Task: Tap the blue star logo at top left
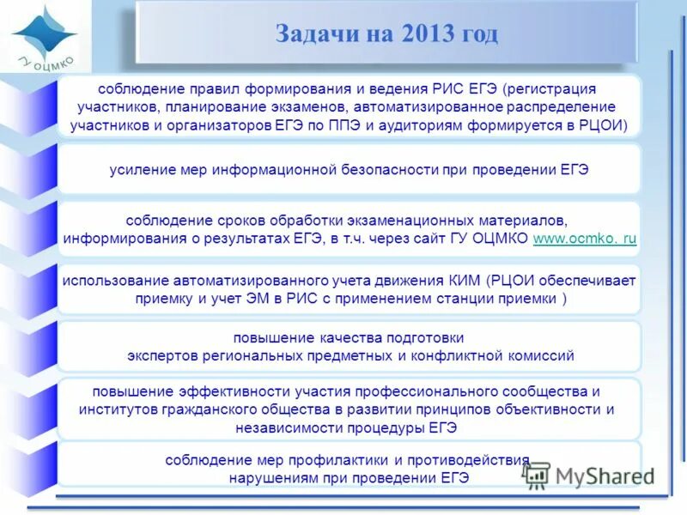pos(45,33)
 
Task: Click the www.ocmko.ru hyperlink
pos(585,239)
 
